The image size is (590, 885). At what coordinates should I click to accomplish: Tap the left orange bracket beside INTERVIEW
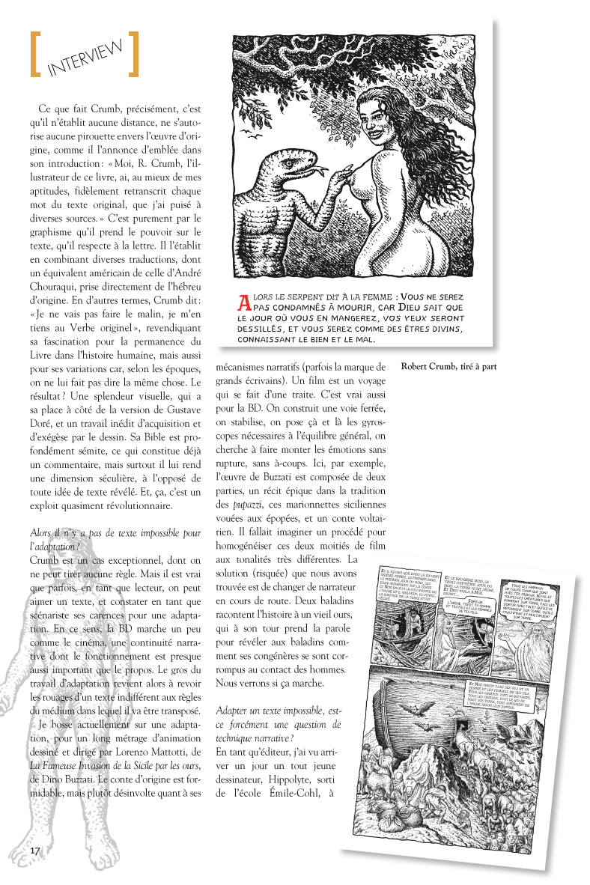click(x=34, y=54)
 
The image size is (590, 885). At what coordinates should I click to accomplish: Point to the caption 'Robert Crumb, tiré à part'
click(x=448, y=367)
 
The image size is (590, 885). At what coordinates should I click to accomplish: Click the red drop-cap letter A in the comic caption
click(x=243, y=302)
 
